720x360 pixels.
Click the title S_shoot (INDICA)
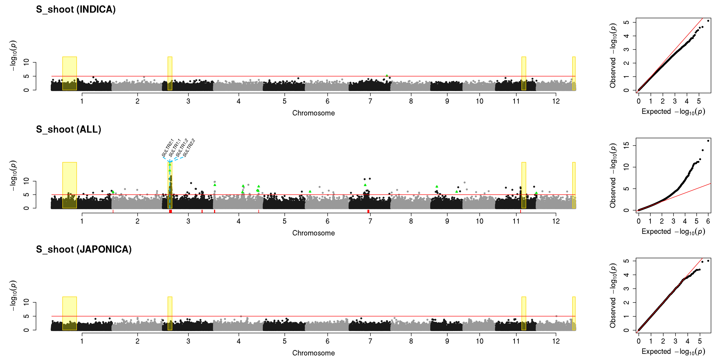pos(76,10)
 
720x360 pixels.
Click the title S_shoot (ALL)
pos(68,129)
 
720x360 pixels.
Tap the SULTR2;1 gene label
pos(168,148)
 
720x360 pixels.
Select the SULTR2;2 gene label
pos(189,148)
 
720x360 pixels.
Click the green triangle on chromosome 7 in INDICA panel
pos(387,75)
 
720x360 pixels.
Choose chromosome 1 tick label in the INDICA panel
pos(82,101)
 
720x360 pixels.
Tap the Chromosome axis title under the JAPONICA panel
pos(313,353)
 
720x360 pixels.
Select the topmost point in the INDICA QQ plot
pos(708,21)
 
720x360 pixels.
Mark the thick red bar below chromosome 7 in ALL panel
pos(368,211)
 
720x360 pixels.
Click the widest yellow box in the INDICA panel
pos(70,73)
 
